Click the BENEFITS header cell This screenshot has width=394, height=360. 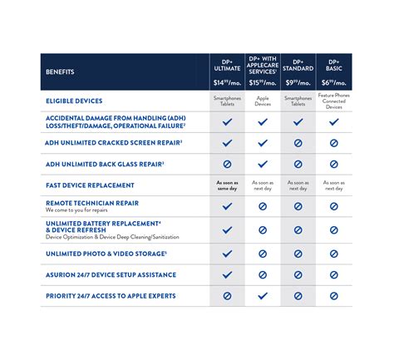[60, 72]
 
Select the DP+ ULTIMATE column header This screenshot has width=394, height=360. [227, 62]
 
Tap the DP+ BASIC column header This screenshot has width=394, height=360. [333, 62]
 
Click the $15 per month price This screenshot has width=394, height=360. [263, 82]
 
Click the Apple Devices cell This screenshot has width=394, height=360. [263, 101]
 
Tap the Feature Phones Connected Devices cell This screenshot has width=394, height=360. [333, 101]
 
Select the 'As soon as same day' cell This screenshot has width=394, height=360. [227, 185]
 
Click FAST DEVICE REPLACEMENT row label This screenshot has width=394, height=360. [90, 185]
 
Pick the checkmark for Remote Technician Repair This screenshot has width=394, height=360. [227, 206]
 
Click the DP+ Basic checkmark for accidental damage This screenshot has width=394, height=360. [333, 121]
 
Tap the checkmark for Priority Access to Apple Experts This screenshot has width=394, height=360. [263, 295]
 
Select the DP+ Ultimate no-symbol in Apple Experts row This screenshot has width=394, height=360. [227, 295]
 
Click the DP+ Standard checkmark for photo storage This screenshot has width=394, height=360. [298, 253]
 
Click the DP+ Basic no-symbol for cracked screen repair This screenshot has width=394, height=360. [333, 143]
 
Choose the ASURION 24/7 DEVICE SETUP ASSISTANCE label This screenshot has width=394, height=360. [110, 274]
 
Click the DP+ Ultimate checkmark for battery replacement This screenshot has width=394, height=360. [227, 229]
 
